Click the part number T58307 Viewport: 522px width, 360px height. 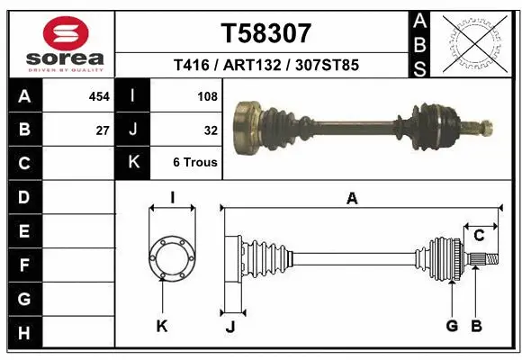coord(265,33)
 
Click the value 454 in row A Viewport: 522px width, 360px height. coord(99,95)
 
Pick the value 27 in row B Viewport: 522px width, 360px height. coord(103,130)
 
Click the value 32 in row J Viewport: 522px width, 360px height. coord(211,130)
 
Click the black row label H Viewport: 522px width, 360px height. coord(23,333)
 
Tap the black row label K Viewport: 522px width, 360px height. coord(134,163)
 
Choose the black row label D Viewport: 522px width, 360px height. coord(23,197)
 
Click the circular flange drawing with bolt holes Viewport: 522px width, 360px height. coord(171,258)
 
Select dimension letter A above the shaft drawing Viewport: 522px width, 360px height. coord(352,199)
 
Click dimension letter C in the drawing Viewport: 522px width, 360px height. coord(479,236)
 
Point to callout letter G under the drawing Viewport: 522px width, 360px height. coord(453,327)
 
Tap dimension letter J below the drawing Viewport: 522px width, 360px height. coord(229,327)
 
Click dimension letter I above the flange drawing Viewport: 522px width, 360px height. coord(171,198)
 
